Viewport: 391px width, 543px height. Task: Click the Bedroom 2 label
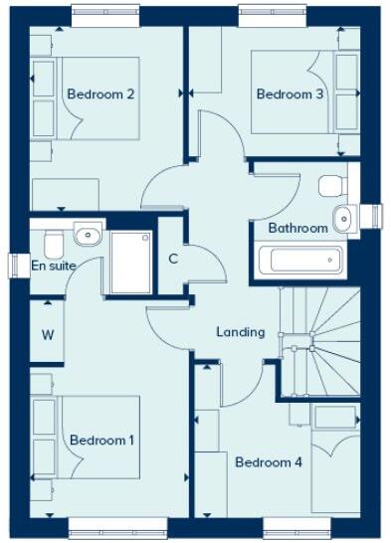coord(99,94)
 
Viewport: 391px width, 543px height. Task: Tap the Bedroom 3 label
coord(290,94)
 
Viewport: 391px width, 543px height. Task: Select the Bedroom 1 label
coord(102,440)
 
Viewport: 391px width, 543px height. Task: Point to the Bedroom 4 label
coord(268,461)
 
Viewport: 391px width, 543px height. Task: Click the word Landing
coord(241,332)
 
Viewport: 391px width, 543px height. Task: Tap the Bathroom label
coord(297,228)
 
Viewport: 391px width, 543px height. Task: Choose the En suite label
coord(54,266)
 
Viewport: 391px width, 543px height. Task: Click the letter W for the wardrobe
coord(47,334)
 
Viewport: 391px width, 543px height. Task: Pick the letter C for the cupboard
coord(172,260)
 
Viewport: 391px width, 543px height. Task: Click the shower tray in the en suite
coord(128,263)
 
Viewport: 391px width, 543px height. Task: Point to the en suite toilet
coord(52,242)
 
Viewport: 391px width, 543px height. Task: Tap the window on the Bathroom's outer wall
coord(374,216)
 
